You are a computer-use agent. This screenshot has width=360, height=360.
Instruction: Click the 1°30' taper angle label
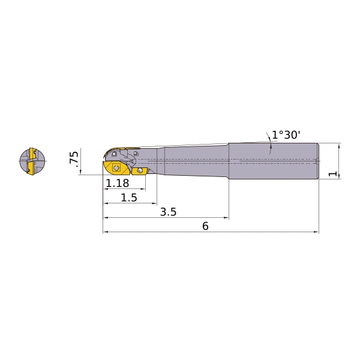[x=286, y=135]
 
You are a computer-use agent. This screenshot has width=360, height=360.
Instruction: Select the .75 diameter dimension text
[x=74, y=157]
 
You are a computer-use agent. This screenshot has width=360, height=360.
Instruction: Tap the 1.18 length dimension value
[x=118, y=183]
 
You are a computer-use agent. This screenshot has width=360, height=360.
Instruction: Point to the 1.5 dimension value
[x=129, y=197]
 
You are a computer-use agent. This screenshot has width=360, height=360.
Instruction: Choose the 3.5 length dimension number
[x=168, y=212]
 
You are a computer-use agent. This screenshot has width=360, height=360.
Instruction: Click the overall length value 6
[x=205, y=226]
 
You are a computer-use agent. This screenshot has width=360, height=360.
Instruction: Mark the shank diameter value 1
[x=332, y=173]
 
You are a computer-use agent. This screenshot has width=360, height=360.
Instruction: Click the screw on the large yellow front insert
[x=116, y=169]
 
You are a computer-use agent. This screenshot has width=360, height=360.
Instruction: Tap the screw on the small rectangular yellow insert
[x=140, y=170]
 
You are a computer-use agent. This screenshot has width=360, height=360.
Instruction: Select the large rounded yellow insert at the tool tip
[x=116, y=168]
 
